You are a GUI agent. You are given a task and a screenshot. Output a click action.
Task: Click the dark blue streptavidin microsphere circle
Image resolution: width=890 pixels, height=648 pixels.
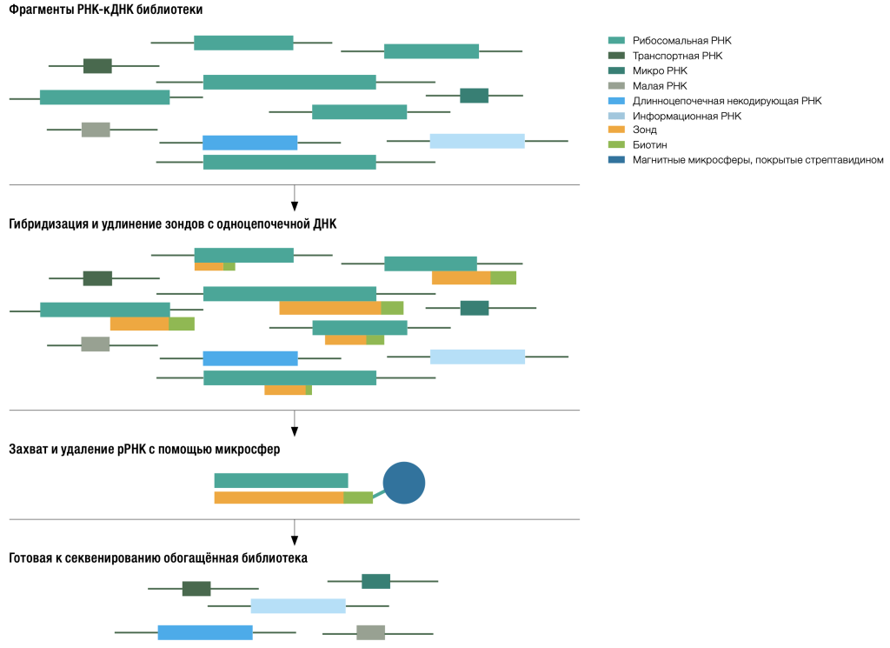403,483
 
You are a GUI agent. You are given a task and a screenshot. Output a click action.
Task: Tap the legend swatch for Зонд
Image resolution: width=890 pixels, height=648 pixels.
616,130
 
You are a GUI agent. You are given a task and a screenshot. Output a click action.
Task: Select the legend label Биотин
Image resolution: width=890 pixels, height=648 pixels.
650,144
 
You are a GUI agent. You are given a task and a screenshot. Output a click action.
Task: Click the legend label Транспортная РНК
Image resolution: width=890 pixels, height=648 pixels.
678,56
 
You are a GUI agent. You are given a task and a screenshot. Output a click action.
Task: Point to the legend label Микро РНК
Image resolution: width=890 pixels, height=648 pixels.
661,70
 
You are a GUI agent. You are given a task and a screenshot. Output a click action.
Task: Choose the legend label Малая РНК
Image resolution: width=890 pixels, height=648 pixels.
661,86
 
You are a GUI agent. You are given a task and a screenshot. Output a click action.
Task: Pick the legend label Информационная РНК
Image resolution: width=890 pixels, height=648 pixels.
687,116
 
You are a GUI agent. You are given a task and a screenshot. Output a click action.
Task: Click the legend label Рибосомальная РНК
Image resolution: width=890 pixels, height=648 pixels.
682,40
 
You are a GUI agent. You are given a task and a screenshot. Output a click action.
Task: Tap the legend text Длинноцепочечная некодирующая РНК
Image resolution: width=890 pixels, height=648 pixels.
727,101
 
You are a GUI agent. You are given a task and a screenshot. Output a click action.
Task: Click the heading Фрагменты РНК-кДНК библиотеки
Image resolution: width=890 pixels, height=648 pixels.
105,10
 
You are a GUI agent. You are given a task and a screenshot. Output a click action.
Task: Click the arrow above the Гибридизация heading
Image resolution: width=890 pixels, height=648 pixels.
294,197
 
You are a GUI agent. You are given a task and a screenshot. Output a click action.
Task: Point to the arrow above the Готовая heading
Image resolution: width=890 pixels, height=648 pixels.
294,532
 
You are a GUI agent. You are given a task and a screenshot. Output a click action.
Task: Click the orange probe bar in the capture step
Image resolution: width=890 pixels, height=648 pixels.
279,498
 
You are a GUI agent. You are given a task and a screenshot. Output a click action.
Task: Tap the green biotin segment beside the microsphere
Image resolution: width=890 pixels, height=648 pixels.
358,498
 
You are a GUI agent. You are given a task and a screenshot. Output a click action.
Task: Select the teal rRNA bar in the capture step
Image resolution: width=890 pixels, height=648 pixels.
281,480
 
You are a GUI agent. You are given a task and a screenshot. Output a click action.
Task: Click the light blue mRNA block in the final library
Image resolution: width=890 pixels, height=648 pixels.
298,606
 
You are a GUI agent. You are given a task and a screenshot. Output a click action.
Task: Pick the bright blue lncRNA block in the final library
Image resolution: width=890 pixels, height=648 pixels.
205,632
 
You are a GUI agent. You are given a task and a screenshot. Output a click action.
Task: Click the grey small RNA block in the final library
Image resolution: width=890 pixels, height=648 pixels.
370,632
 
